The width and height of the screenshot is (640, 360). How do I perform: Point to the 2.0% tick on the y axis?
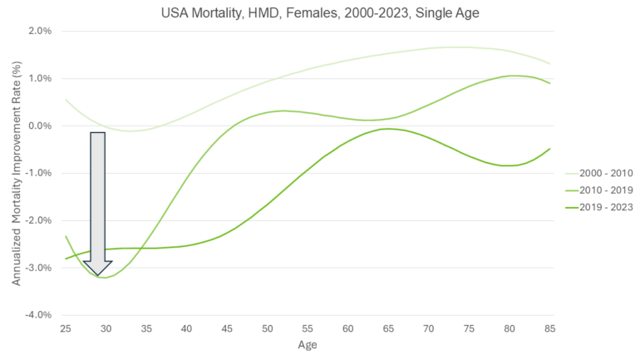pyautogui.click(x=39, y=31)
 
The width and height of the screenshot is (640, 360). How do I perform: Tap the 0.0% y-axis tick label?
pyautogui.click(x=39, y=126)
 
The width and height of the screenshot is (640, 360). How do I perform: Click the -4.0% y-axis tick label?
pyautogui.click(x=37, y=315)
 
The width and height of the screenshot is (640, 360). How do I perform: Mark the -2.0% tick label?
pyautogui.click(x=37, y=220)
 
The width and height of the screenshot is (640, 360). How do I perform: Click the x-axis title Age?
pyautogui.click(x=307, y=344)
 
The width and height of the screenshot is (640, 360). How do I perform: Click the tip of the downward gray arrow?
pyautogui.click(x=97, y=275)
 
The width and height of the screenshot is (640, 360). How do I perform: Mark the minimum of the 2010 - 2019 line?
pyautogui.click(x=103, y=278)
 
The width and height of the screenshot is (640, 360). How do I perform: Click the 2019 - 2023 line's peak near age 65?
pyautogui.click(x=388, y=129)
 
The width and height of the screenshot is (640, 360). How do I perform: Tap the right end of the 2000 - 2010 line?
pyautogui.click(x=549, y=64)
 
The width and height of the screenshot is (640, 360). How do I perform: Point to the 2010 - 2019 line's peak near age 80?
pyautogui.click(x=514, y=76)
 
